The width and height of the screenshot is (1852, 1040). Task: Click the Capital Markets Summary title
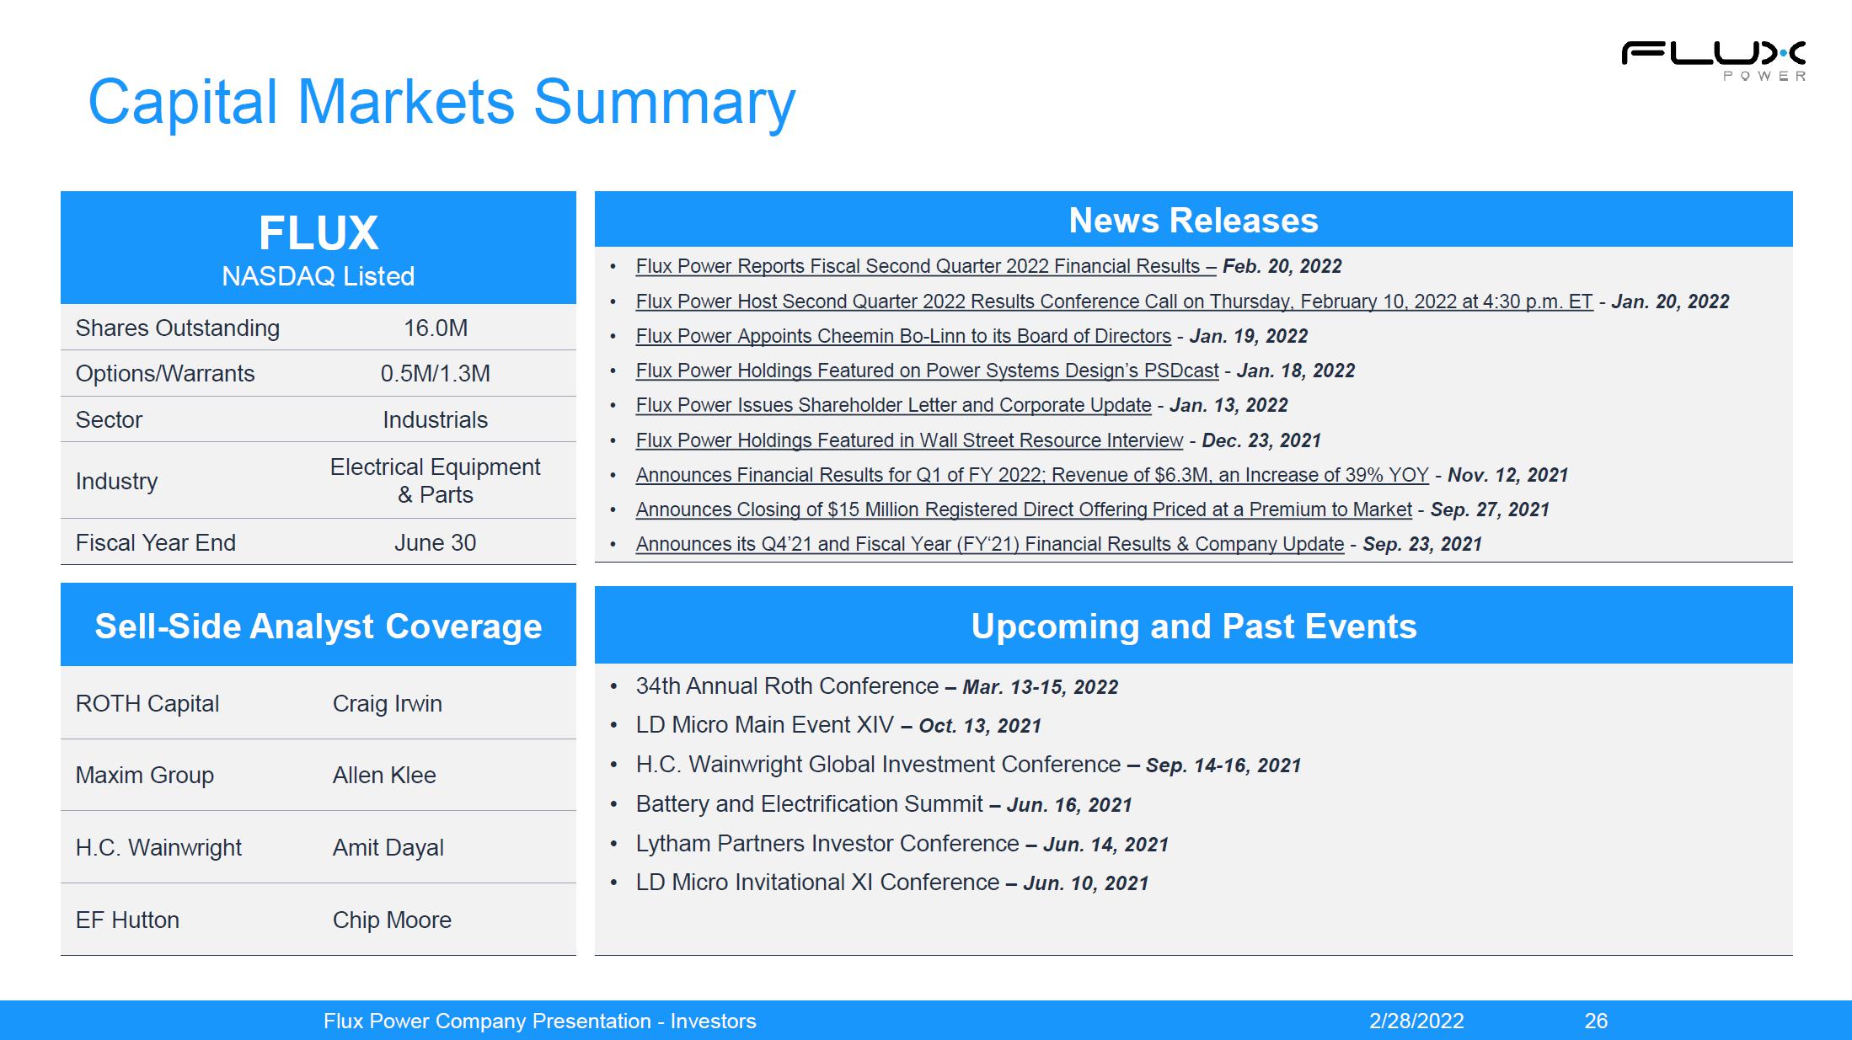pos(442,103)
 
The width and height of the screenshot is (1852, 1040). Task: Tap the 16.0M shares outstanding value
pos(436,328)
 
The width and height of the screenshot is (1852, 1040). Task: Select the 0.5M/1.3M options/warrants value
pos(436,373)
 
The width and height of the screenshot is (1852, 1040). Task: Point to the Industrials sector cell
pos(436,419)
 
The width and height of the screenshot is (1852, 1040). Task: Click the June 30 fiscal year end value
pos(436,542)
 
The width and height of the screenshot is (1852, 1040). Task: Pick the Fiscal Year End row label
pos(156,542)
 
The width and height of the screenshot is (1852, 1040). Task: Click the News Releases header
pos(1193,221)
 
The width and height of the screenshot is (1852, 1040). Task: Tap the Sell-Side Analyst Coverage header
pos(318,627)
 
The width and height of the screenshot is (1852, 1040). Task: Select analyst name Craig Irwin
pos(388,703)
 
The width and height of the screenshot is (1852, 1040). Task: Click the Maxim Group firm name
pos(145,775)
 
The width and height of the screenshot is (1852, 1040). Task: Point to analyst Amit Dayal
pos(388,847)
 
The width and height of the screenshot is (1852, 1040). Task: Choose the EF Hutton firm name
pos(127,920)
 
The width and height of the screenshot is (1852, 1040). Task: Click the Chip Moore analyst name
pos(392,920)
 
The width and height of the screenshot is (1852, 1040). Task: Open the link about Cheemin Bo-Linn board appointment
pos(903,336)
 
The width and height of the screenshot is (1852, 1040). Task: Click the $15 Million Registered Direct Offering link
pos(1024,509)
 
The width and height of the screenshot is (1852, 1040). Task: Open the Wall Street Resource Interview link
pos(909,440)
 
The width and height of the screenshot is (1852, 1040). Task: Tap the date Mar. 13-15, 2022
pos(1041,687)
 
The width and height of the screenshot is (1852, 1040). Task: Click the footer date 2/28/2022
pos(1416,1021)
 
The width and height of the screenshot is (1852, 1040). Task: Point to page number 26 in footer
pos(1596,1021)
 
